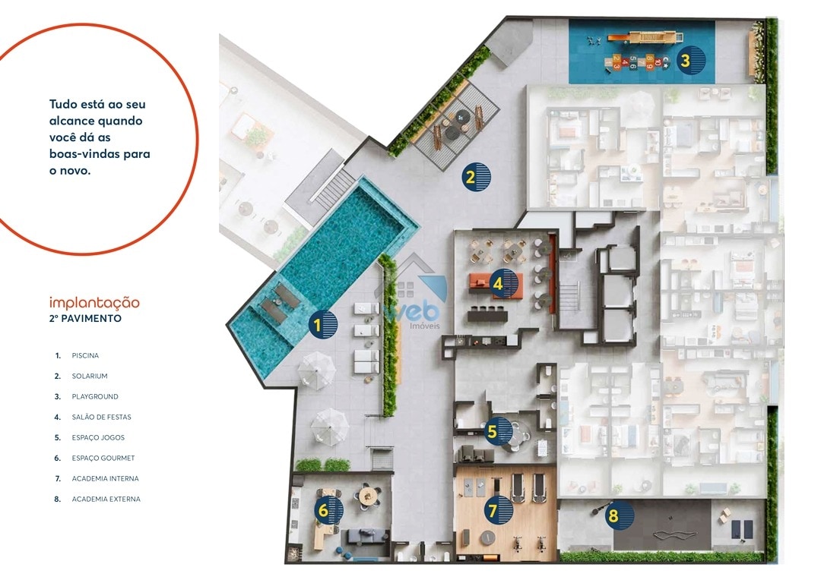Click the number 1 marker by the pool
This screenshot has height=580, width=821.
click(322, 324)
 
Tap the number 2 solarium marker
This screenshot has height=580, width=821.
click(476, 177)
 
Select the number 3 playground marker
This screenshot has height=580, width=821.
click(690, 60)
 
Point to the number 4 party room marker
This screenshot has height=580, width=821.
click(503, 283)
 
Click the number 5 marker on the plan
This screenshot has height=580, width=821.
click(497, 431)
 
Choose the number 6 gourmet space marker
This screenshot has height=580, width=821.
click(329, 510)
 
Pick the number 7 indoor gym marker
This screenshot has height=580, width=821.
click(498, 510)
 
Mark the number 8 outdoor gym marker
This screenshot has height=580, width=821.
click(619, 515)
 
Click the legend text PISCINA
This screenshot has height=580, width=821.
click(85, 355)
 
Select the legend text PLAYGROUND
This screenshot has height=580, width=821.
click(95, 396)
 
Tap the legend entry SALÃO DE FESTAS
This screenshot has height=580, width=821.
click(102, 417)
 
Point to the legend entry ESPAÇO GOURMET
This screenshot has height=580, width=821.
click(103, 458)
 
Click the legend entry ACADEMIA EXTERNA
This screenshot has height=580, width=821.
click(106, 499)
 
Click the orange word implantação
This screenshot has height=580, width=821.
click(94, 303)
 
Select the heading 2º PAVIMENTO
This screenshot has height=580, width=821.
click(85, 319)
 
